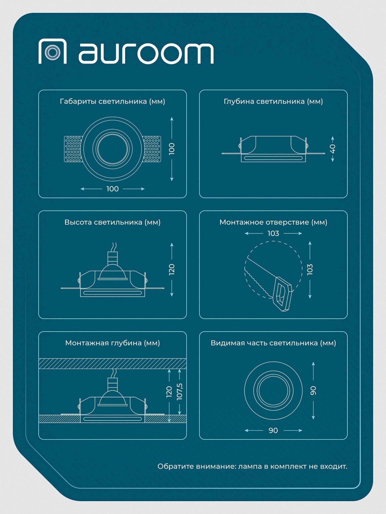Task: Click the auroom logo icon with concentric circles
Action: point(53,51)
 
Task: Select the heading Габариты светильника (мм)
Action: point(113,101)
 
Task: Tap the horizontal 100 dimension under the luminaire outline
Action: point(113,189)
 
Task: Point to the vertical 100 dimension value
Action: point(172,148)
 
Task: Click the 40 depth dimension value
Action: point(332,149)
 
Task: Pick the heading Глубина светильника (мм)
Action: point(273,101)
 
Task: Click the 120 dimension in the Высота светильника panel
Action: point(172,269)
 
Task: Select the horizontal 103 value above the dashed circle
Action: point(273,233)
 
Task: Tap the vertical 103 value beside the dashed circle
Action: point(310,269)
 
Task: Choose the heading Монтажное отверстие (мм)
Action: point(273,222)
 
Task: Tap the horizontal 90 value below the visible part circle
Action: point(273,430)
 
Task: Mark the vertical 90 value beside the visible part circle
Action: point(313,390)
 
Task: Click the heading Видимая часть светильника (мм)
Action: point(273,343)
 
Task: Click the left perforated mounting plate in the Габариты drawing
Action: point(73,149)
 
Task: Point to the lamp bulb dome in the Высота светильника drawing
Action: point(113,272)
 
